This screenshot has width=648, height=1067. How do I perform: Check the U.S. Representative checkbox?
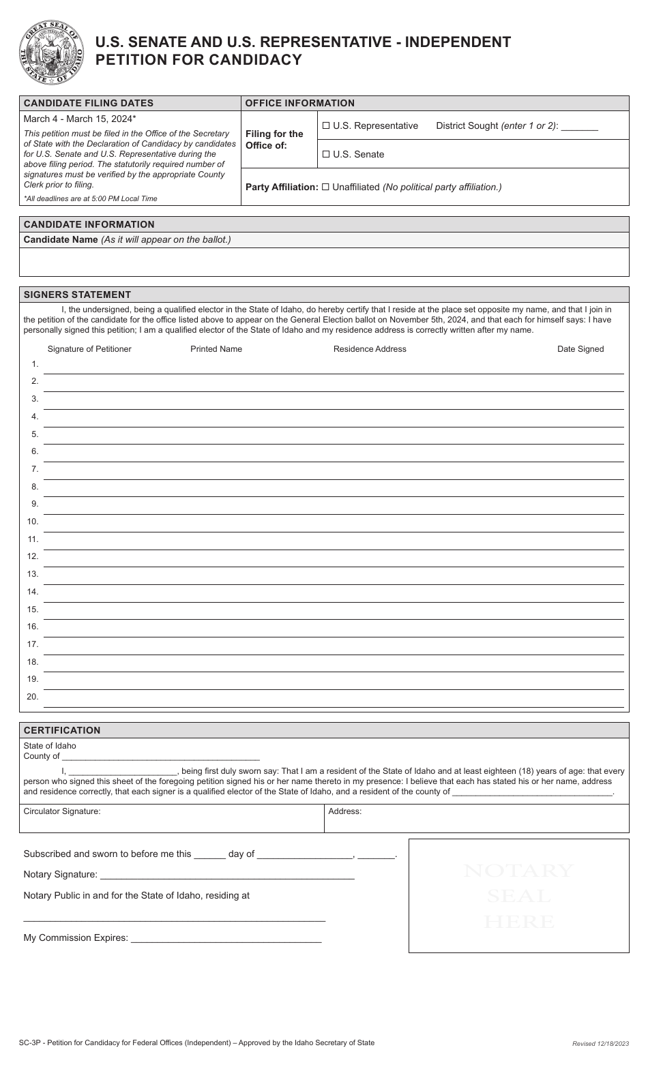[x=326, y=125]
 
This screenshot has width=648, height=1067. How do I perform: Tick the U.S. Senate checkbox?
[x=326, y=154]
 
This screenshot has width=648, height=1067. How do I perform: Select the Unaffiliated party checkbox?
[x=325, y=187]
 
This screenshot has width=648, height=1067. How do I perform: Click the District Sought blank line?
[x=580, y=127]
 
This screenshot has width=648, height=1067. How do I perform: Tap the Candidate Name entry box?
[x=324, y=262]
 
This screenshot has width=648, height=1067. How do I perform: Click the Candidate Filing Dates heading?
[x=89, y=103]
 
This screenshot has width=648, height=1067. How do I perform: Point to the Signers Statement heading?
[x=77, y=295]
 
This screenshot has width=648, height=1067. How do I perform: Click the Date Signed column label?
[x=580, y=349]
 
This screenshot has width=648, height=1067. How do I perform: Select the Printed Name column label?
[x=216, y=349]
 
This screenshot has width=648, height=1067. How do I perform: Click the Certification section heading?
[x=62, y=730]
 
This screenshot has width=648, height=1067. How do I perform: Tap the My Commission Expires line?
[x=225, y=938]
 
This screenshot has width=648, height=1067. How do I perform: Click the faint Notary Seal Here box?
[x=518, y=896]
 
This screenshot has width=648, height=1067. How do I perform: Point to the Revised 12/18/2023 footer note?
[x=600, y=1044]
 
